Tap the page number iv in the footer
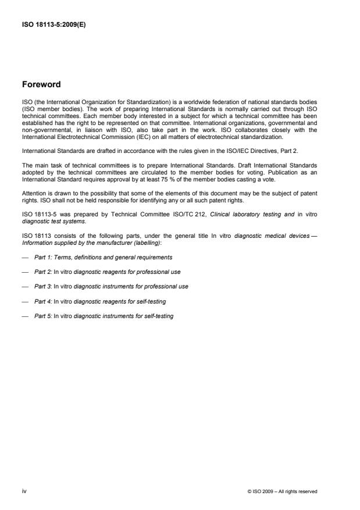(x=24, y=491)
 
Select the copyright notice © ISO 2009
(x=282, y=492)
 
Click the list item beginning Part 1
(x=103, y=256)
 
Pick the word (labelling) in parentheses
(x=148, y=242)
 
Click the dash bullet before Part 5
(x=25, y=316)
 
